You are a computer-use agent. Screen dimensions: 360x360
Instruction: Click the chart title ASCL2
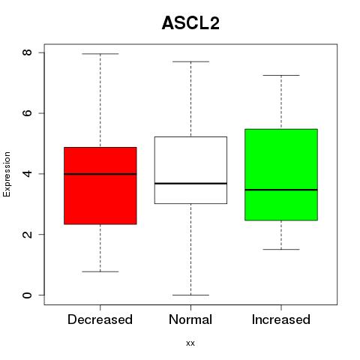(190, 23)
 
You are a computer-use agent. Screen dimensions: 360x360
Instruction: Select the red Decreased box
(100, 186)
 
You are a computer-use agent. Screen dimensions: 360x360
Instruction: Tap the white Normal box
(190, 170)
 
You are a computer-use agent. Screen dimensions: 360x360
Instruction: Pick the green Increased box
(281, 175)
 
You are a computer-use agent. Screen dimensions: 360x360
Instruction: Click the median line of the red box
(100, 174)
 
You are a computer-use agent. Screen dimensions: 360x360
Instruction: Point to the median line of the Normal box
(190, 184)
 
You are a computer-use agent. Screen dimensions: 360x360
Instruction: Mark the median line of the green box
(281, 190)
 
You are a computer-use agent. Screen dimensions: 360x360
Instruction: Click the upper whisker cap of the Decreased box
(100, 54)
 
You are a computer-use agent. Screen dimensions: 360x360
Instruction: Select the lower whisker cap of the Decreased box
(100, 271)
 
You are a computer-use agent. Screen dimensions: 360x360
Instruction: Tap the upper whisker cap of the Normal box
(190, 61)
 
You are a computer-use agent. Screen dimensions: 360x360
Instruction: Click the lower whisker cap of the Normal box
(190, 295)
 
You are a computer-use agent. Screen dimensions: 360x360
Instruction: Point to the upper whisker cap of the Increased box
(281, 75)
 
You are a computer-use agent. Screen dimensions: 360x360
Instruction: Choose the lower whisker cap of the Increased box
(281, 249)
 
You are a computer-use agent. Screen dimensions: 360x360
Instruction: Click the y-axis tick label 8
(27, 52)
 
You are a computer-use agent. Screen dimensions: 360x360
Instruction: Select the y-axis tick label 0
(27, 295)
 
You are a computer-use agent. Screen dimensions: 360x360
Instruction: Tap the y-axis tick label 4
(27, 173)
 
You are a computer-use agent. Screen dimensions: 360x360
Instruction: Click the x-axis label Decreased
(100, 319)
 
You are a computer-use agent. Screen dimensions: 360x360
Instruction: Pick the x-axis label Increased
(281, 319)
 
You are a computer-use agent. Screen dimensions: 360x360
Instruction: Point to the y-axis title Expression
(7, 174)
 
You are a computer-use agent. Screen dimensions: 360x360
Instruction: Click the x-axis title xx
(190, 343)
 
